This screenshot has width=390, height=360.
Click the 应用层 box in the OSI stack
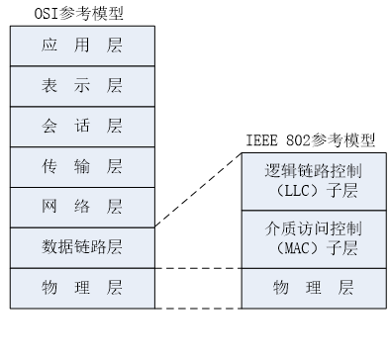(82, 45)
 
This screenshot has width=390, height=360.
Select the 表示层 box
(82, 85)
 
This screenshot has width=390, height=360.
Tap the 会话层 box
(82, 126)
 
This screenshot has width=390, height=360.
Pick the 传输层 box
(82, 166)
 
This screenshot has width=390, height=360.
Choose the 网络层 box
(82, 207)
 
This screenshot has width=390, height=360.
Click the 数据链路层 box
(82, 247)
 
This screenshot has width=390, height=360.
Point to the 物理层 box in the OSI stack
(82, 288)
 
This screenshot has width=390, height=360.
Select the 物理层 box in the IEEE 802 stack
(312, 288)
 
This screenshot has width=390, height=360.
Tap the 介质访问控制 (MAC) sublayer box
(312, 238)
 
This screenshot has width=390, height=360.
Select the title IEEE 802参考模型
(311, 141)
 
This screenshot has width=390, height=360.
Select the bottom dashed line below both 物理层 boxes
(198, 309)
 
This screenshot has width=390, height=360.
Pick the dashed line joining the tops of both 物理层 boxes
(198, 268)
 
